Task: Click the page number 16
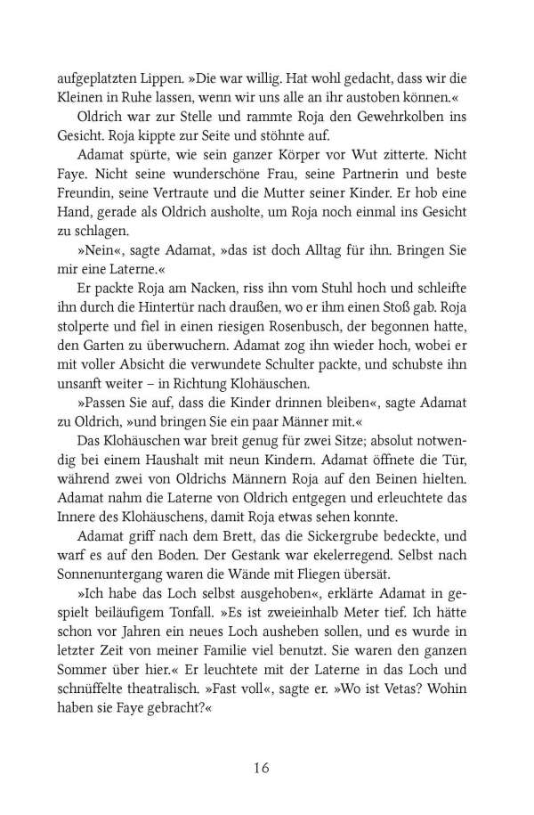[x=267, y=768]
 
